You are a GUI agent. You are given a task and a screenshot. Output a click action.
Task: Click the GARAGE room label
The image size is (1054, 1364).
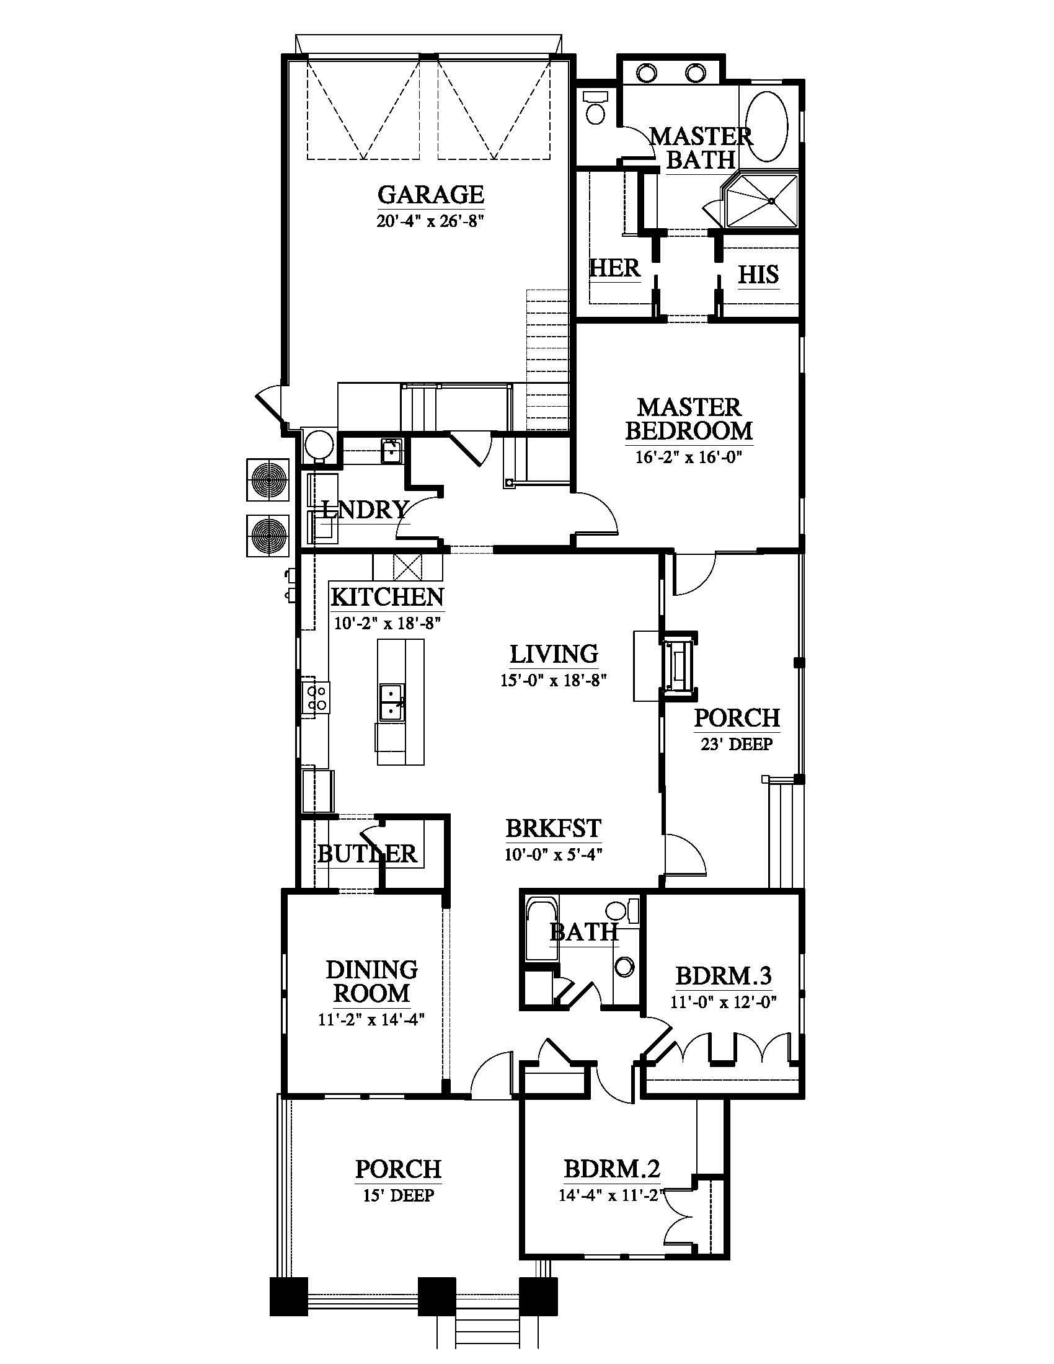pyautogui.click(x=430, y=195)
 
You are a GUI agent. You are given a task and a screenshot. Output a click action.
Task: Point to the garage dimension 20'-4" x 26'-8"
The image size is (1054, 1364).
pyautogui.click(x=430, y=221)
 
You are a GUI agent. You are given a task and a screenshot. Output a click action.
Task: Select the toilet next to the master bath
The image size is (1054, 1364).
pyautogui.click(x=596, y=107)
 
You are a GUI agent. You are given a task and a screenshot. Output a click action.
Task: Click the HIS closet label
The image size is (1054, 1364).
pyautogui.click(x=758, y=275)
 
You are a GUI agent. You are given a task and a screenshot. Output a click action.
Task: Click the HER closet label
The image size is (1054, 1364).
pyautogui.click(x=614, y=268)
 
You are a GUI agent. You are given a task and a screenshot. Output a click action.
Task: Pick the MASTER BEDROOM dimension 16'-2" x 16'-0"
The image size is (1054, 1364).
pyautogui.click(x=688, y=457)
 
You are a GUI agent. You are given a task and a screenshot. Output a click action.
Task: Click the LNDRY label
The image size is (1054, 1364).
pyautogui.click(x=365, y=510)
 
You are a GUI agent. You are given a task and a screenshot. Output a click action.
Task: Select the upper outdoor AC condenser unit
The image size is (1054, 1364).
pyautogui.click(x=268, y=480)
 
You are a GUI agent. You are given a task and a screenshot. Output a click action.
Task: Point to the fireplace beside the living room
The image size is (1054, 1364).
pyautogui.click(x=678, y=666)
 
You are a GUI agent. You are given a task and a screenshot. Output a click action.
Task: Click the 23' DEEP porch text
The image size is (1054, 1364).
pyautogui.click(x=736, y=745)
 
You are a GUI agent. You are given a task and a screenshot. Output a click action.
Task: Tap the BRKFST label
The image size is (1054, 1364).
pyautogui.click(x=552, y=829)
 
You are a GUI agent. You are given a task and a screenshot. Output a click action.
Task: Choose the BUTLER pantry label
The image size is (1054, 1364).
pyautogui.click(x=367, y=854)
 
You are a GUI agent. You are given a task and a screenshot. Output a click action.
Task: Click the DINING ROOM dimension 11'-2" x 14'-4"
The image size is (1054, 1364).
pyautogui.click(x=371, y=1020)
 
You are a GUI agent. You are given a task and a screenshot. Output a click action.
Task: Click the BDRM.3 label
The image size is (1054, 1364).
pyautogui.click(x=724, y=975)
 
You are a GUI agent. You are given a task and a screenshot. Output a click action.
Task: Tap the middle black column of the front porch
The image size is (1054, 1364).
pyautogui.click(x=436, y=1297)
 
